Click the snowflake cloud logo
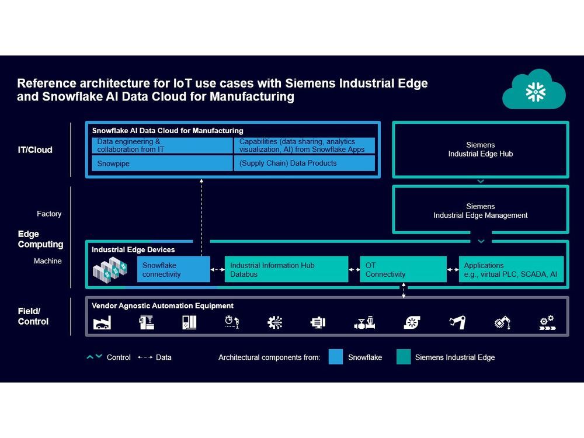534,90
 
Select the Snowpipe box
162,163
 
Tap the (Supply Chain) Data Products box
304,163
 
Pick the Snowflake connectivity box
173,269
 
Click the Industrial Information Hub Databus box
286,269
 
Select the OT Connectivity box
403,269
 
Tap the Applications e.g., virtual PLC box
511,269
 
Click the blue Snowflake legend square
336,357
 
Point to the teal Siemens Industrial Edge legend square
404,357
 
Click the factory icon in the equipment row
102,322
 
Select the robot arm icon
457,322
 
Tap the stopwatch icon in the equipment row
232,322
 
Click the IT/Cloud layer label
35,150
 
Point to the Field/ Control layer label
33,316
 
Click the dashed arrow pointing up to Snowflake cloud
201,217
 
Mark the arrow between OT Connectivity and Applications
453,270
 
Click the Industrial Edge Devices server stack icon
110,270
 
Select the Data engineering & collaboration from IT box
162,145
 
